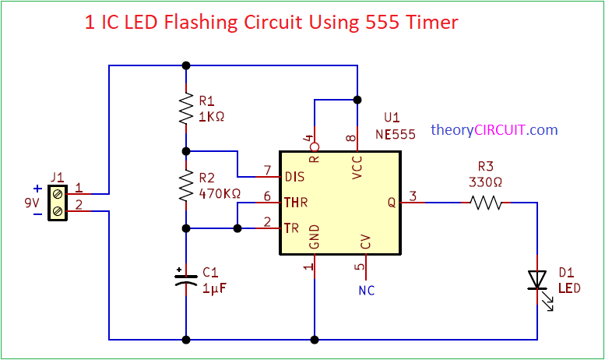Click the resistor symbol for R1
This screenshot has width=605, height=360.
[186, 109]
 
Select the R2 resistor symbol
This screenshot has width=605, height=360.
[186, 186]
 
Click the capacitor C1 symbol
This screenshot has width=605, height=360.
[186, 278]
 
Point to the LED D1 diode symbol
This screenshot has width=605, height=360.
[537, 280]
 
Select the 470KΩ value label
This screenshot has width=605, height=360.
[220, 192]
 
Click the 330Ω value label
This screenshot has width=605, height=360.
[485, 182]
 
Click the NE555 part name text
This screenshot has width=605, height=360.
[395, 133]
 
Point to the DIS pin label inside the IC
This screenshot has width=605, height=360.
[294, 177]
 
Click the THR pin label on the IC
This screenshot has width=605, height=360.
[296, 203]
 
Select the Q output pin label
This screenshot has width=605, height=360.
[392, 203]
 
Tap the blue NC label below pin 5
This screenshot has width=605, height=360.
[366, 291]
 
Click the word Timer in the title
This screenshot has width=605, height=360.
[430, 23]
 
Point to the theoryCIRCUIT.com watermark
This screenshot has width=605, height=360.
[494, 130]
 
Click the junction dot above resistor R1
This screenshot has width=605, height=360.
[186, 65]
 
